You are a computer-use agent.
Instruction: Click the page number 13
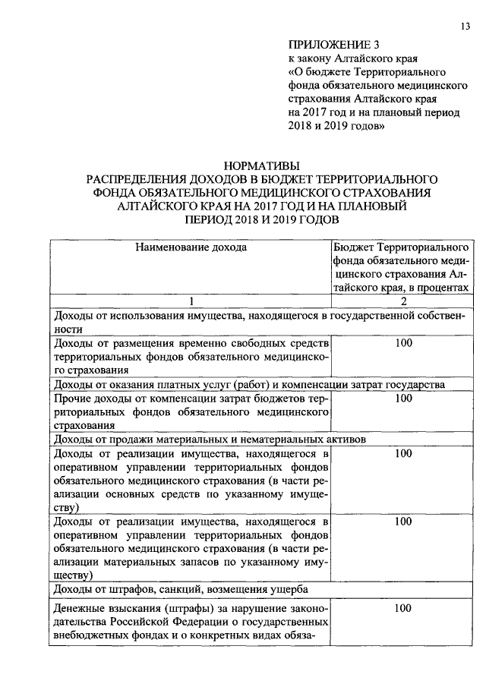[464, 27]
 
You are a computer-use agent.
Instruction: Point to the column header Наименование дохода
[191, 247]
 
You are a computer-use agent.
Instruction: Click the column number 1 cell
[191, 301]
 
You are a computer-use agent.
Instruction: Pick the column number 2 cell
[403, 301]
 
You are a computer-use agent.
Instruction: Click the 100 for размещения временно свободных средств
[403, 344]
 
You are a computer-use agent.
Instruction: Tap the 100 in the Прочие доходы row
[403, 399]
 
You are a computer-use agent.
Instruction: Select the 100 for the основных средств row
[403, 453]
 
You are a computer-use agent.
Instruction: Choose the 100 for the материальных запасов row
[403, 522]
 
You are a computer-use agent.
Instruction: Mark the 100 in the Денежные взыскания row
[403, 609]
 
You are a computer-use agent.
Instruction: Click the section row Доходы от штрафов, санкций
[180, 589]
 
